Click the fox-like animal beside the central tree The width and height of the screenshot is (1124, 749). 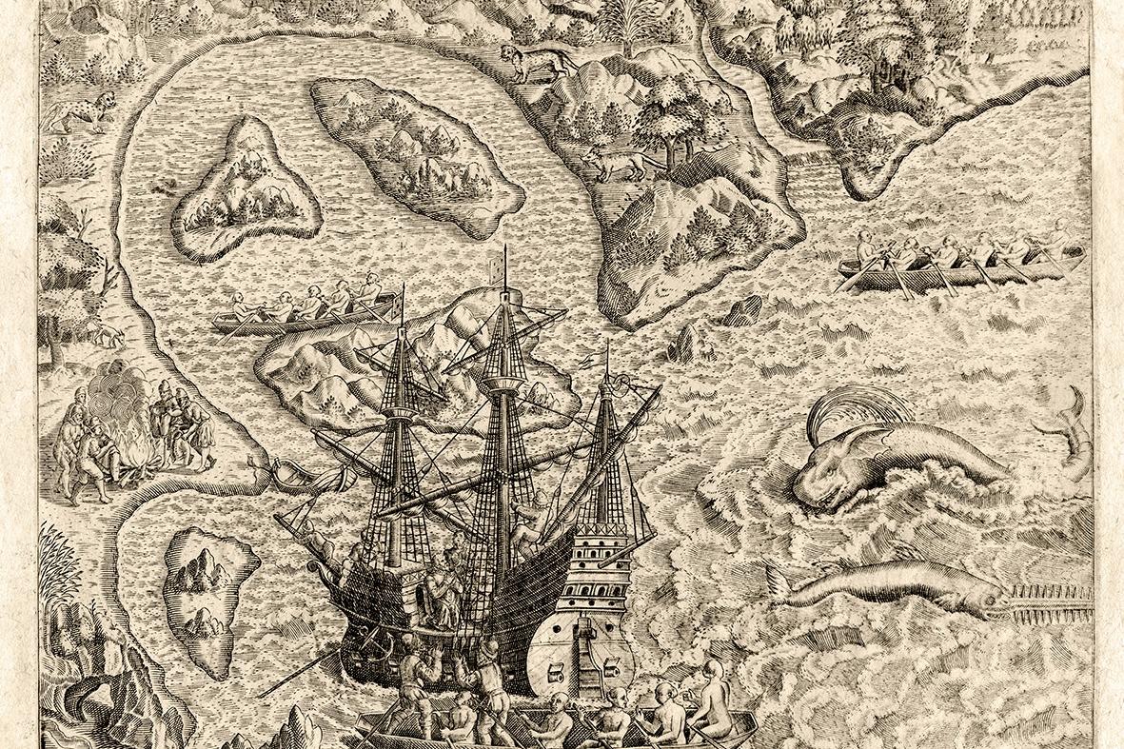point(614,166)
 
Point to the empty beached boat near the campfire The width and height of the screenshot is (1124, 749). point(290,471)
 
